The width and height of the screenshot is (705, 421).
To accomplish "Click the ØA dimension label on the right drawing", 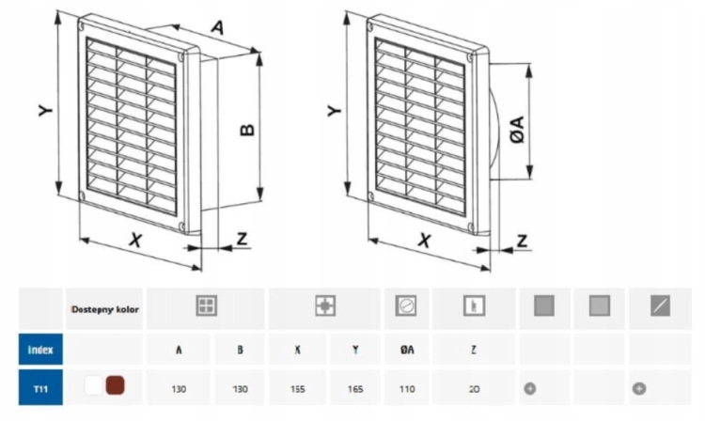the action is pos(518,130).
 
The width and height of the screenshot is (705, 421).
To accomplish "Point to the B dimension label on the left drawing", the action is pos(247,130).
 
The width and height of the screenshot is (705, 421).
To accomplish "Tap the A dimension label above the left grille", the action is pos(217,28).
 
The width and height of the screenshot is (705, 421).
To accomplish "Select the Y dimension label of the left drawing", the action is pos(45,110).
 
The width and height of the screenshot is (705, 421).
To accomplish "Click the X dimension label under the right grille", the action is pos(424,241).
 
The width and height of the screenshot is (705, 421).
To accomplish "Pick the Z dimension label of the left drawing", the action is pos(242,239).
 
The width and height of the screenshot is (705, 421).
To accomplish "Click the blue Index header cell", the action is pos(40,350).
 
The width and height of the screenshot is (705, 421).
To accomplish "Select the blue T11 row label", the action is pos(40,388).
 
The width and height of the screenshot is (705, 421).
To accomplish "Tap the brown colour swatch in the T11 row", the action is pos(115,386).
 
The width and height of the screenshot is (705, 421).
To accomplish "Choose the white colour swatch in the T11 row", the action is pos(93,386).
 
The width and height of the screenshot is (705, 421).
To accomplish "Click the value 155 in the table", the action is pos(298,389).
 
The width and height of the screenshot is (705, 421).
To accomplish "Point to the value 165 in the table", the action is pos(355,389).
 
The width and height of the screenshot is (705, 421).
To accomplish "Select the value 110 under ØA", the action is pos(407,389).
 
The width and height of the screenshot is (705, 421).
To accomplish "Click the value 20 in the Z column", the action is pos(474,389).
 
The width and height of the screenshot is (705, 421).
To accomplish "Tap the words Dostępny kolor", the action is pos(105,309).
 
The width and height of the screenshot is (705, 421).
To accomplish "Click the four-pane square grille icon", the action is pos(207,305).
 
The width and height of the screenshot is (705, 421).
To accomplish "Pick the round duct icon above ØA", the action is pos(405,305).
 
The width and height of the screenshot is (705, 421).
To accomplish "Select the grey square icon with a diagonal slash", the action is pos(660,305).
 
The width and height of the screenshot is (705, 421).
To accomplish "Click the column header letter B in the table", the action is pos(240,350).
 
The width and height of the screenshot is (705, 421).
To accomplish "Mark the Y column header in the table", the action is pos(355,350).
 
